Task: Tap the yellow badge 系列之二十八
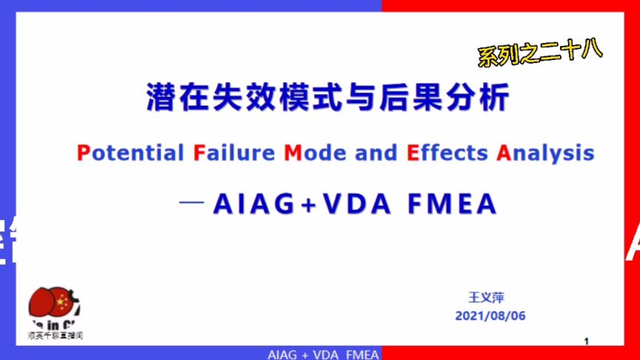pos(539,51)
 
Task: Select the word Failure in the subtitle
pos(234,153)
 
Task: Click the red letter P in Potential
pos(82,153)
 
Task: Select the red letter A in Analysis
pos(504,153)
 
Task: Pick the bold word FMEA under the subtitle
pos(451,204)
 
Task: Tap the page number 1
pos(586,341)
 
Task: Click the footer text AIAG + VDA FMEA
pos(323,354)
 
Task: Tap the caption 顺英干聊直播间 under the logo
pos(55,335)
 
